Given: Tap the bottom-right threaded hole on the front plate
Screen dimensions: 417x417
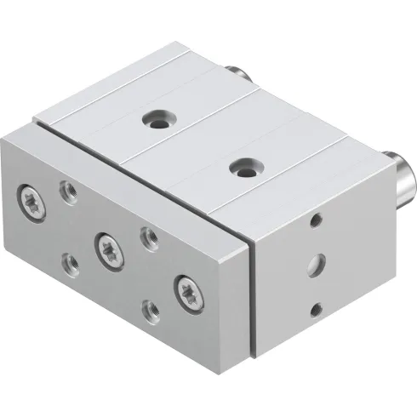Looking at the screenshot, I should pos(151,308).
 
